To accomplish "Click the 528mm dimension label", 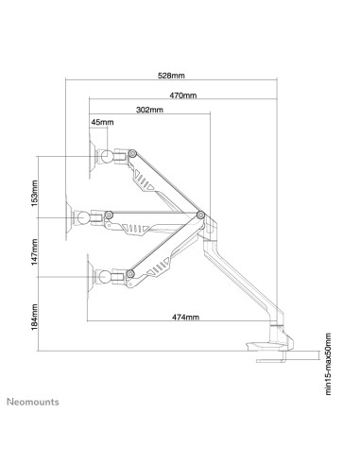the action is coord(171,76).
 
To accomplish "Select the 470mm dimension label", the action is coord(183,95).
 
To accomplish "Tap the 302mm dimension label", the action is coord(149,110).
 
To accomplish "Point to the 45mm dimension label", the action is coord(102,122).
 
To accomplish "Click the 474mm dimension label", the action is coord(185,317).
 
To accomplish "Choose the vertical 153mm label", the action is coord(34,193).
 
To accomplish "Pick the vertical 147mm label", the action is coord(34,252).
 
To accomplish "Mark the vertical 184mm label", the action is coord(34,317).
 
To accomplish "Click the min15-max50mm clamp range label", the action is coord(328,364).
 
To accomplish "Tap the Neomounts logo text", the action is coord(33,402).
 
